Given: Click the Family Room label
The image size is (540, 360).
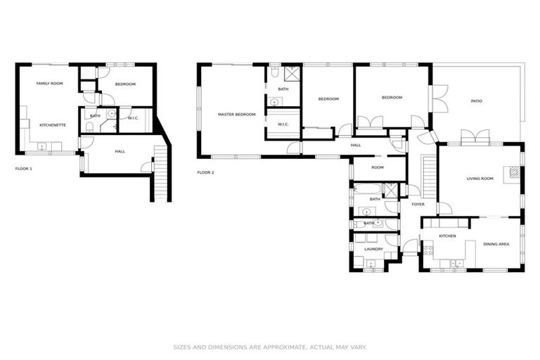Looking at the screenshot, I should [50, 84].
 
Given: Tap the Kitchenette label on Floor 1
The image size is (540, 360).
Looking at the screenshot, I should [53, 125].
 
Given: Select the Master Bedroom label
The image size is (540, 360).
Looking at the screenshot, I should [236, 114].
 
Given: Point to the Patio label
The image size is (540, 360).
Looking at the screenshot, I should [476, 101].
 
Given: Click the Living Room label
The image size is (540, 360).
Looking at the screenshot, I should [480, 179].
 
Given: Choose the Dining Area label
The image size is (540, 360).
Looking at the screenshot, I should [496, 244].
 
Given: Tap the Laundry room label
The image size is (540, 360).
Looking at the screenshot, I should [373, 249].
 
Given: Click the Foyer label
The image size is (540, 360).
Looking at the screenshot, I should [418, 205].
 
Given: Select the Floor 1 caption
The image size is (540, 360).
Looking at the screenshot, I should [24, 169].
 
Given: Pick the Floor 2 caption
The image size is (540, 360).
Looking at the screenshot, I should [205, 172].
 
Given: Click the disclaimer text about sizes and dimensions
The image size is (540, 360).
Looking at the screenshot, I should [270, 347].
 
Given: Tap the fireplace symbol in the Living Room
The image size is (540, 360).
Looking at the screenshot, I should [516, 172].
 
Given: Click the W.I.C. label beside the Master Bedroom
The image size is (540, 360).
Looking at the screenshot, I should [283, 124].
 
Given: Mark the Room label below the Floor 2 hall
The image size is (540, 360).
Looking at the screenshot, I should [378, 167].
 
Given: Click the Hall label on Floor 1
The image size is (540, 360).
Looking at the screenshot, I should [120, 151].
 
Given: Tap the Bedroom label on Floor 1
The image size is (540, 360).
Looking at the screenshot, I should [125, 84].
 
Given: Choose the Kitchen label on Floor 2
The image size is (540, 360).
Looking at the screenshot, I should [448, 236].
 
